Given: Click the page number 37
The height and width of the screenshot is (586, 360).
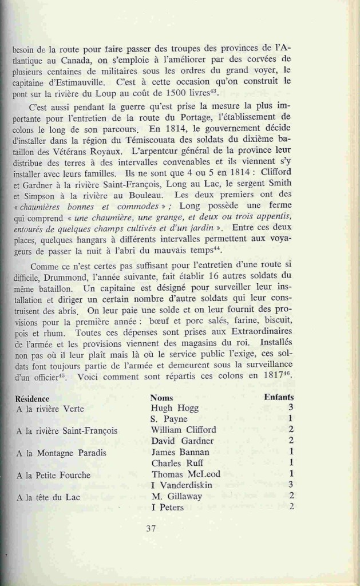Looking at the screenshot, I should click(151, 528).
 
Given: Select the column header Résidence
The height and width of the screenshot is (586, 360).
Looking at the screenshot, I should click(32, 398).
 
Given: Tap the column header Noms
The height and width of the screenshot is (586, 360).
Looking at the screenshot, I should click(161, 397).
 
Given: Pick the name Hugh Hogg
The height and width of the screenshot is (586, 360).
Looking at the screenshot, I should click(175, 409).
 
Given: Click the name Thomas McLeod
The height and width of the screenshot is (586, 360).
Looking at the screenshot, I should click(185, 474).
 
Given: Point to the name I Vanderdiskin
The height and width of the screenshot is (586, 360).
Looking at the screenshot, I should click(182, 485).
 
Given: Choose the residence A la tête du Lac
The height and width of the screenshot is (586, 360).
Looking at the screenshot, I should click(48, 497).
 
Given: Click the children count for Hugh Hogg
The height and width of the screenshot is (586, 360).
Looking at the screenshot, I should click(291, 407).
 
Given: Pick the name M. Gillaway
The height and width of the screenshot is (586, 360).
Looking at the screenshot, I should click(177, 496).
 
